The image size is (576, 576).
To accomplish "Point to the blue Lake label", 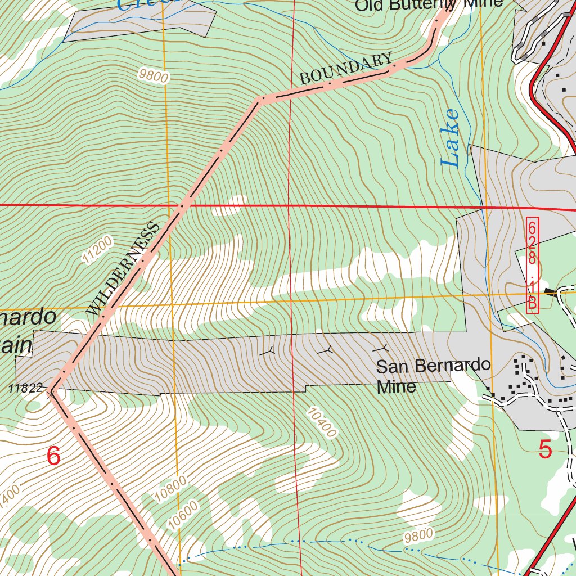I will tap(451, 138).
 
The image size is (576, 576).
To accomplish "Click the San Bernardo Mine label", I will tap(433, 375).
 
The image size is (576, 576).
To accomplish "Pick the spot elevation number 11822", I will tap(26, 388).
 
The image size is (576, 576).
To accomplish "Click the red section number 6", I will tap(53, 456).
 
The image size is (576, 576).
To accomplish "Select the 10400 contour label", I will tap(321, 422).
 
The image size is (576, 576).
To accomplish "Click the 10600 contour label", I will tap(183, 514).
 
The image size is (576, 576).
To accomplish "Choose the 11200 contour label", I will tap(97, 250).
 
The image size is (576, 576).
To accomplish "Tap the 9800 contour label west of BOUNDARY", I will tap(154, 75).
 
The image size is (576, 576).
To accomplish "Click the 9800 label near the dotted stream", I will tap(418, 535).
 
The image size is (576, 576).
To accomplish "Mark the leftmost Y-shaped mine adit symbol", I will tap(268, 352).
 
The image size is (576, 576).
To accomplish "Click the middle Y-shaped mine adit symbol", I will tap(325, 351).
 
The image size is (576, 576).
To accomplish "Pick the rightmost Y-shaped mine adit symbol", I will tap(383, 349).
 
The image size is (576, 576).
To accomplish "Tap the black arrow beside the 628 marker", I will tap(551, 292).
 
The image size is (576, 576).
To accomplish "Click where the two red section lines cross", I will tap(289, 206).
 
